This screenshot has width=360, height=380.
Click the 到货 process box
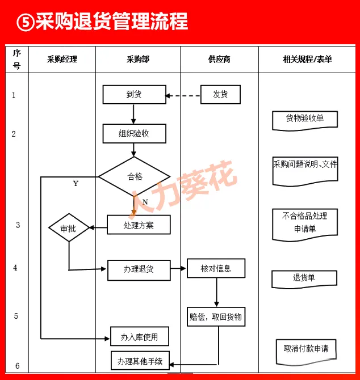click(134, 95)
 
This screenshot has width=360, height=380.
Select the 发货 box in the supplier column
click(220, 95)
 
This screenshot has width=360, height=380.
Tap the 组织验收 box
click(134, 134)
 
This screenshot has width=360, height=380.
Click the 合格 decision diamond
click(134, 176)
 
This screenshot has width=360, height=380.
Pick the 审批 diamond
click(69, 229)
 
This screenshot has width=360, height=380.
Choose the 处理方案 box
click(139, 225)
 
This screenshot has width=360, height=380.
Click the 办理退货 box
click(139, 269)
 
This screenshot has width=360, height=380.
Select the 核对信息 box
click(216, 268)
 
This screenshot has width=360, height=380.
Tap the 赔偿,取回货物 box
click(216, 317)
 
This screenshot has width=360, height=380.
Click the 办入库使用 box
click(139, 337)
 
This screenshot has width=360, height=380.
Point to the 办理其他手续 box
click(140, 361)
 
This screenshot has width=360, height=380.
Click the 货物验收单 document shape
click(305, 120)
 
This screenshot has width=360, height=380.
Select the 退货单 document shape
click(304, 278)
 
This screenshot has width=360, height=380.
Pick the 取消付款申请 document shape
click(305, 350)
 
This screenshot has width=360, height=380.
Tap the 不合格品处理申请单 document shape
click(305, 223)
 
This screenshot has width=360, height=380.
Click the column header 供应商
click(219, 59)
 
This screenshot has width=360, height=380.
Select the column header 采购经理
click(62, 59)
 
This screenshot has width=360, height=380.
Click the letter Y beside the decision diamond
click(76, 184)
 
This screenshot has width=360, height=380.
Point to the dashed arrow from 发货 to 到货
click(183, 95)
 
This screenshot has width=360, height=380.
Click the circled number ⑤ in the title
click(24, 22)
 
